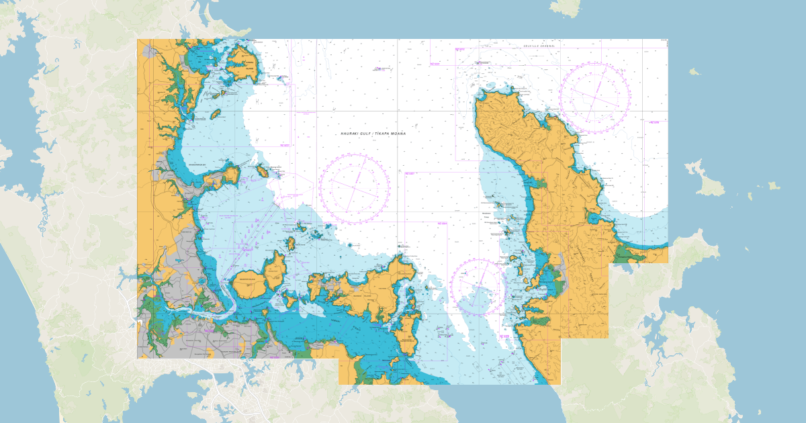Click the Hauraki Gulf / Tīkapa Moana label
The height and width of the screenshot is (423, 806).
[x=373, y=134]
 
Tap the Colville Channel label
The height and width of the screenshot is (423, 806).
[x=541, y=46]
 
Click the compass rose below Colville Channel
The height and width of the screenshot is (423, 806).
[x=594, y=97]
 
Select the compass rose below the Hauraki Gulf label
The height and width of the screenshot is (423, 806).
[x=355, y=189]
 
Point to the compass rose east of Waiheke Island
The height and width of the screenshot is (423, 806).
[x=479, y=287]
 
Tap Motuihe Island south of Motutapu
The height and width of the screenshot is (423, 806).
[x=290, y=300]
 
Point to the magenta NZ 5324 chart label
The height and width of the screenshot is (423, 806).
[x=442, y=222]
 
